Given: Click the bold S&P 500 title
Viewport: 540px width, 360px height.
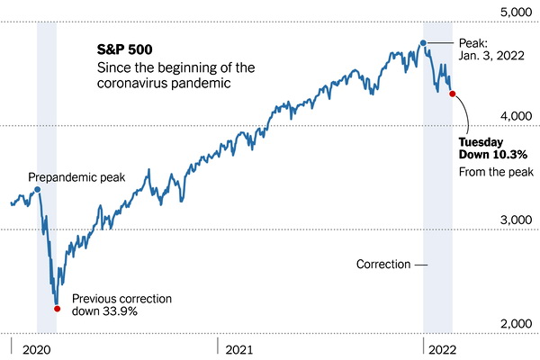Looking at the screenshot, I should point(124,48).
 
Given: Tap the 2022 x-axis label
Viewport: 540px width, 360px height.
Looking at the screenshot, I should point(447,346).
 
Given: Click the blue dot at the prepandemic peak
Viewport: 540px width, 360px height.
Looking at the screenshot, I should point(37,190).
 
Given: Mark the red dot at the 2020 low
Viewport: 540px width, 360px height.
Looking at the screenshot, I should point(57,308).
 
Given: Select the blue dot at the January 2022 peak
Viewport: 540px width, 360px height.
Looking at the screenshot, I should point(423,42).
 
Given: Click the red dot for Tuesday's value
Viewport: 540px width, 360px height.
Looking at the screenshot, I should point(451,93).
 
